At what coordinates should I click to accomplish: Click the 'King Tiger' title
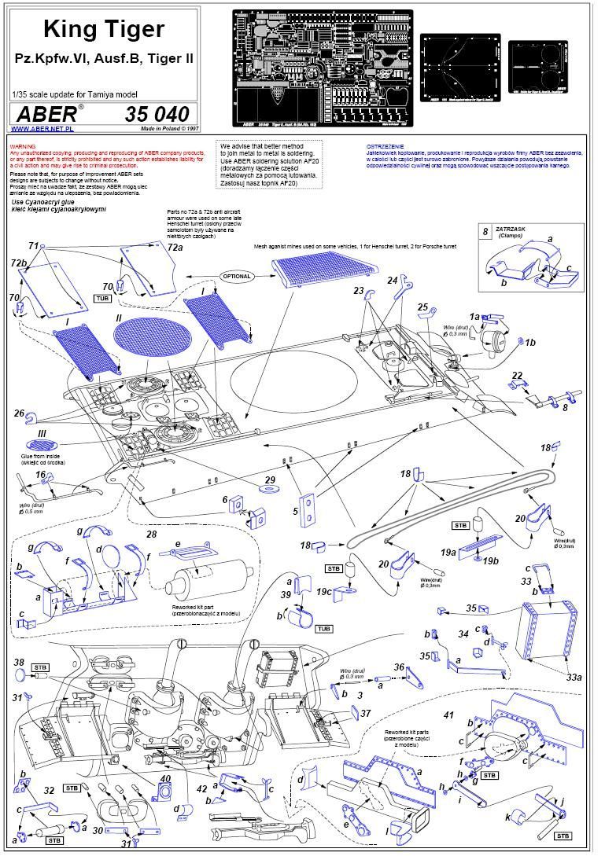(x=103, y=30)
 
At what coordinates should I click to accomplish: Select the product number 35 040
(x=157, y=112)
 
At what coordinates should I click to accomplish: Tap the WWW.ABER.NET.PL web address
(x=42, y=128)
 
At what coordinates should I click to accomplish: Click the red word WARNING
(x=22, y=147)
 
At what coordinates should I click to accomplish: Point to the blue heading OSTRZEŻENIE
(x=386, y=147)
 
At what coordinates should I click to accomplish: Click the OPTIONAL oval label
(x=236, y=277)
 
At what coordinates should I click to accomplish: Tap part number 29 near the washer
(x=270, y=479)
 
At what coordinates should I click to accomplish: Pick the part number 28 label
(x=152, y=534)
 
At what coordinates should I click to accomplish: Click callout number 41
(x=449, y=715)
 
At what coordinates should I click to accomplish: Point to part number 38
(x=19, y=662)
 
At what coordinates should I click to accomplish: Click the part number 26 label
(x=18, y=412)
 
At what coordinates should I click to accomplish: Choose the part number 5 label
(x=296, y=511)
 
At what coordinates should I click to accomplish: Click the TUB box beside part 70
(x=102, y=299)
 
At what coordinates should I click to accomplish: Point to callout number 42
(x=202, y=788)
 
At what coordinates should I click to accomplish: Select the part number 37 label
(x=365, y=713)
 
